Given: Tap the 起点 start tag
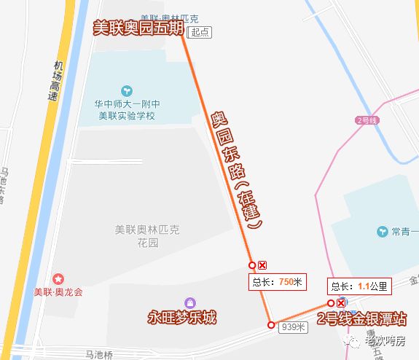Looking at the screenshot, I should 200,33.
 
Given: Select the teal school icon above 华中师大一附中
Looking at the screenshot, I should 128,90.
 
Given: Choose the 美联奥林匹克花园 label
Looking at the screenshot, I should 146,236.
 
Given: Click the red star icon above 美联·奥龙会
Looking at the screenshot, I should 58,278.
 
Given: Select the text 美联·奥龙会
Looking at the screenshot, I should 58,291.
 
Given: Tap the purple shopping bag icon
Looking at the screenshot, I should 190,302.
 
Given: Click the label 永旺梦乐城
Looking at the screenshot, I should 182,318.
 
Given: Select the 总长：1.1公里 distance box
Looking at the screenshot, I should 361,286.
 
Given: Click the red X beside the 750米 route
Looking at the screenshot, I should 263,265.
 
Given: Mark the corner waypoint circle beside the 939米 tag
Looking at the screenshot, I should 271,326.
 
